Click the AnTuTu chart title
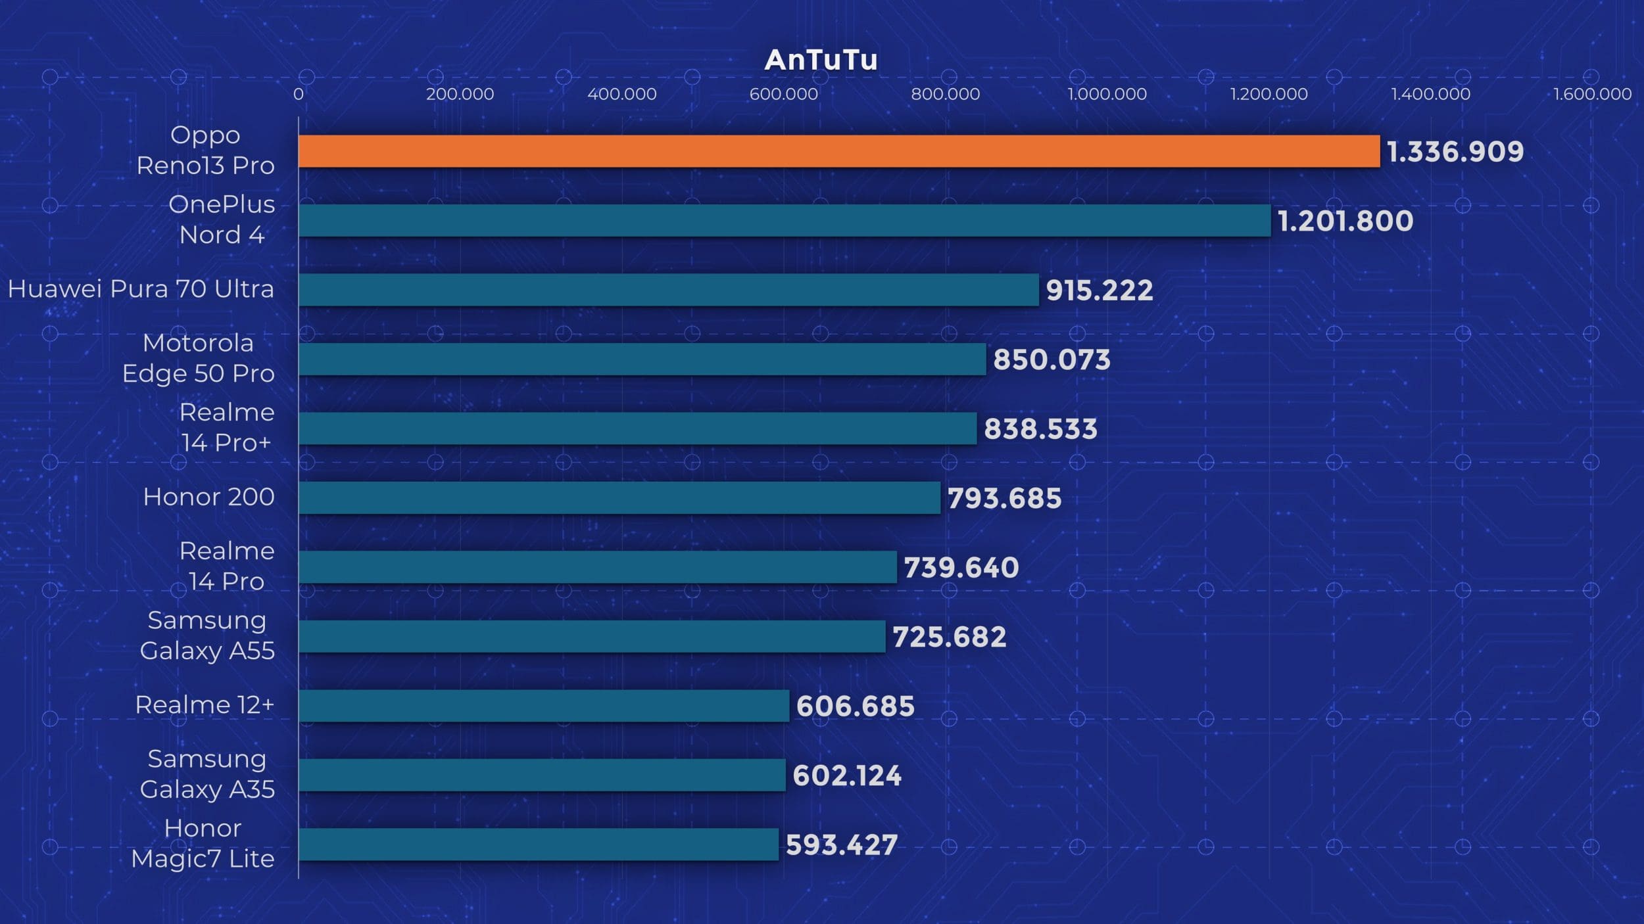(821, 60)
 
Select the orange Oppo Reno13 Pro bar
(838, 151)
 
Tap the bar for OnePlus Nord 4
(784, 220)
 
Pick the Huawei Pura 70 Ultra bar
(668, 290)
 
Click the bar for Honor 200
(619, 497)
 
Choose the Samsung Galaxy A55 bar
(591, 636)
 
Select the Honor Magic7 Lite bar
(538, 844)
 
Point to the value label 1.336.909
(1455, 152)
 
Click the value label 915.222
(1099, 290)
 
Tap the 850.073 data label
(1051, 359)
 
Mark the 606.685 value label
(855, 706)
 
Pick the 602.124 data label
(846, 775)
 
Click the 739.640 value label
(961, 567)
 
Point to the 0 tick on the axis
(299, 94)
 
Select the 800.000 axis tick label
(945, 94)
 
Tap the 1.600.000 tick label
(1592, 94)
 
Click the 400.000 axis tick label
(621, 94)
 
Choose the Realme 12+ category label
(205, 705)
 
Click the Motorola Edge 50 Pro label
(198, 358)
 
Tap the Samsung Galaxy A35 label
(207, 774)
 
